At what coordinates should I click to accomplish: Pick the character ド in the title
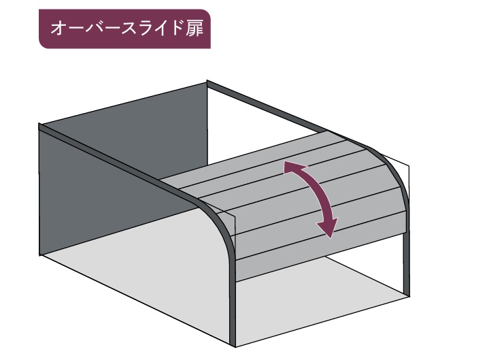pos(173,30)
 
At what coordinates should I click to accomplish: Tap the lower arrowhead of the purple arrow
pos(329,230)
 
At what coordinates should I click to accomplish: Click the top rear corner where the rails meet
pos(208,84)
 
